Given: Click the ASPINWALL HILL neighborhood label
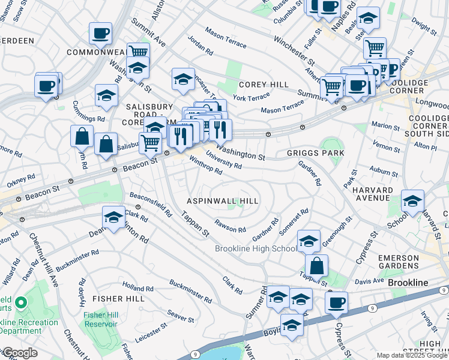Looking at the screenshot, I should point(222,201).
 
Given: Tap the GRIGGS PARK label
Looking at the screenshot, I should point(315,154).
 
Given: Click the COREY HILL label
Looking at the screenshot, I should point(264,85).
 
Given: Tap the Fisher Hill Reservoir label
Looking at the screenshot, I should point(101,319).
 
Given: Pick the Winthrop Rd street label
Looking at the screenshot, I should point(206,166).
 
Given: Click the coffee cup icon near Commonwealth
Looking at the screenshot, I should point(100,34).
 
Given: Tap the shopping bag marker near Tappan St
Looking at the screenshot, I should point(316,266).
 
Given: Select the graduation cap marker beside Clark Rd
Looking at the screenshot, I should point(113,218).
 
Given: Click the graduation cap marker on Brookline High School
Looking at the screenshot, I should point(309,241).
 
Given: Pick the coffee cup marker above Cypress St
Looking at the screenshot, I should point(336,302).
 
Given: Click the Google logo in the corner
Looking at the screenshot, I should point(20,353).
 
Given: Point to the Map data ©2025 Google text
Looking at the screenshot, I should point(411,355).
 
